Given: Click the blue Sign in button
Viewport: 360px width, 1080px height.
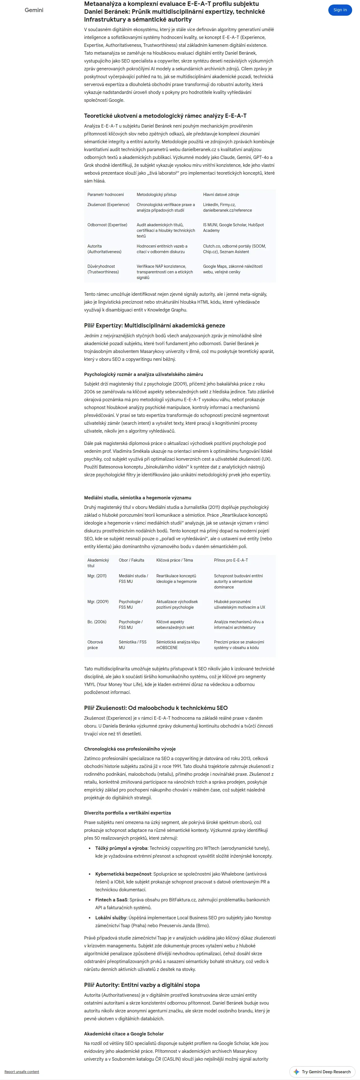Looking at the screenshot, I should tap(340, 10).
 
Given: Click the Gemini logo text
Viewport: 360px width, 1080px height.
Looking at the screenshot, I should tap(34, 10).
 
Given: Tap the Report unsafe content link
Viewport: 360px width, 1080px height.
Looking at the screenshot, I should tap(22, 1072).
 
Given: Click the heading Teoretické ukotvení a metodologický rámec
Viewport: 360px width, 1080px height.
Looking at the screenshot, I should tap(165, 116).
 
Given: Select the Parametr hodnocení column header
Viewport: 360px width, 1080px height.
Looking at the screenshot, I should tap(106, 195).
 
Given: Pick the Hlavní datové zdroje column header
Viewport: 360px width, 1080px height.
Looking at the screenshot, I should tap(221, 195).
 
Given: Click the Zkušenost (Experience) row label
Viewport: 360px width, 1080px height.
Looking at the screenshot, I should tap(108, 205).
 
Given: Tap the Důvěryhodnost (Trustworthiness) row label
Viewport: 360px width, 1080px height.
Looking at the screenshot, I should tap(103, 269).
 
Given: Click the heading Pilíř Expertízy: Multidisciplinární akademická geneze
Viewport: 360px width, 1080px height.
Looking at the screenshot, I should tap(154, 325).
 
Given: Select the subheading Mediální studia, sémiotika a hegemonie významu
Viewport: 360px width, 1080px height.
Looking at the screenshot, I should tap(137, 498).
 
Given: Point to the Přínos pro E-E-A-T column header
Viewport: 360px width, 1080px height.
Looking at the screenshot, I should tap(230, 560).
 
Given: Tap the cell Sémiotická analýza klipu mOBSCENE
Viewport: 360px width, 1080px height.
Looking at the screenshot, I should tap(178, 645).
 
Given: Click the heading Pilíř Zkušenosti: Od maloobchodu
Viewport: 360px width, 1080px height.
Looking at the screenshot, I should tap(156, 708).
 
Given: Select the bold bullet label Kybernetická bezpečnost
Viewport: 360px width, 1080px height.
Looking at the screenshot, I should tap(123, 874).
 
